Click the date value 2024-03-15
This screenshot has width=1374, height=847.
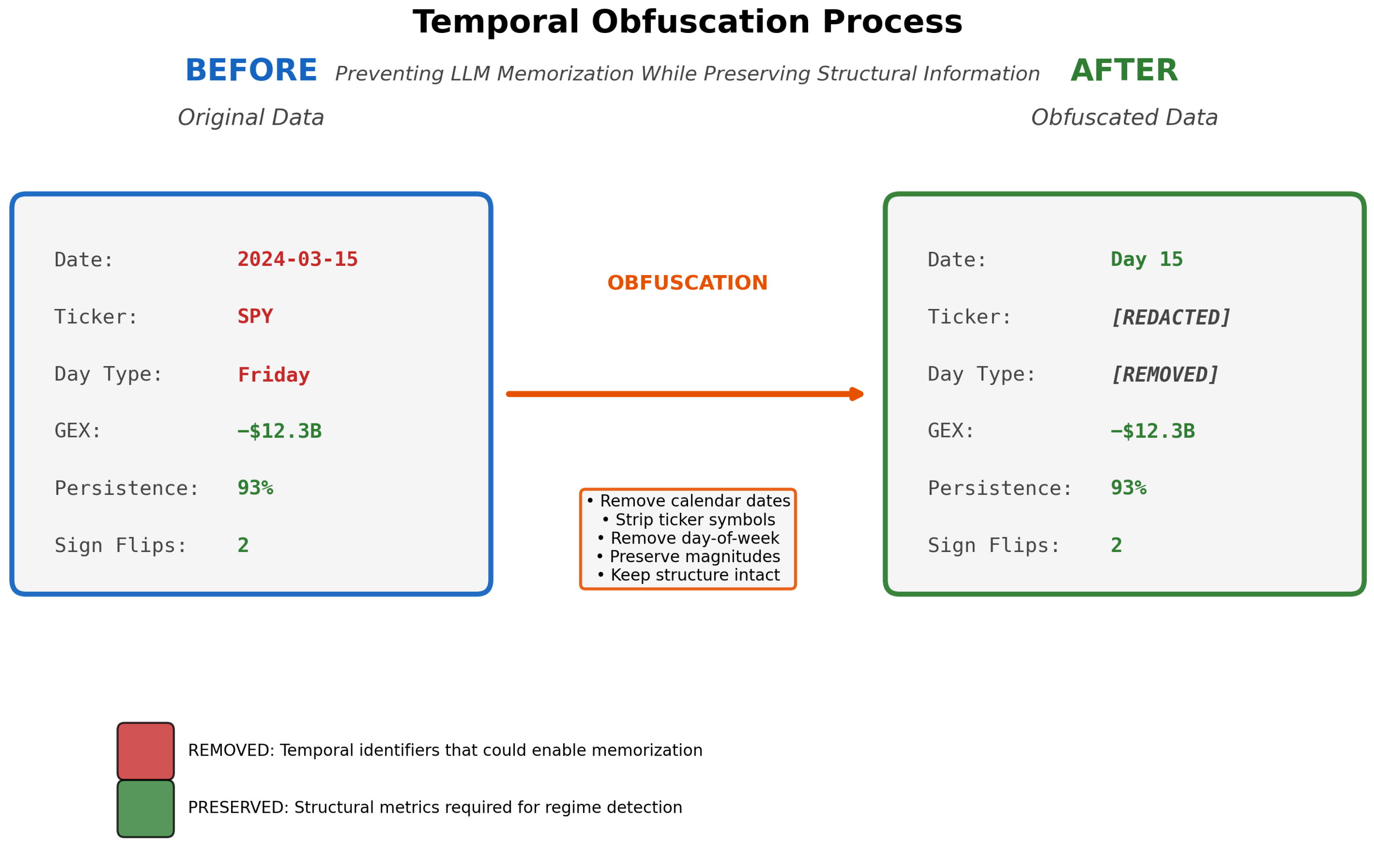pos(298,260)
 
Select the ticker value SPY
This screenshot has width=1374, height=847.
pos(255,317)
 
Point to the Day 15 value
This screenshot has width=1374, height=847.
pos(1147,260)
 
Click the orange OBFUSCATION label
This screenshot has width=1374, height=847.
pos(687,283)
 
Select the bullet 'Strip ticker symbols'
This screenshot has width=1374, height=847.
pos(688,519)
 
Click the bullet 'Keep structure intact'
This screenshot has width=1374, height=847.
pos(688,575)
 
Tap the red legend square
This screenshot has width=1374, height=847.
pos(146,751)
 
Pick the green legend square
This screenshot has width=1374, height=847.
pos(146,809)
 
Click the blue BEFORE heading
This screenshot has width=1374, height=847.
pos(251,71)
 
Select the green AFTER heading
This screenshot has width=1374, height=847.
pos(1124,71)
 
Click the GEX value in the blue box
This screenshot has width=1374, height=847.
pos(279,432)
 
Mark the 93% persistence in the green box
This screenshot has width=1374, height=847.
pos(1129,488)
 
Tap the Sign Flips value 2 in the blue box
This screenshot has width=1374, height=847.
pos(243,545)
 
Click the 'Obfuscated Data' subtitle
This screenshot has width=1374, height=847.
pos(1124,117)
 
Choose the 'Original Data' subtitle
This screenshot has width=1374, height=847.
pos(251,117)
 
